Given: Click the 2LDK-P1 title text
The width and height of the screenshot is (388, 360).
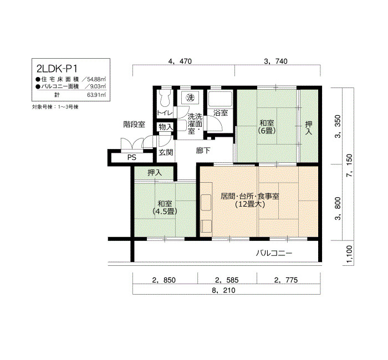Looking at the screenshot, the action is (x=57, y=68).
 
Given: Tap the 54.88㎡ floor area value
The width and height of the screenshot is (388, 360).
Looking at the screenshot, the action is (x=96, y=80).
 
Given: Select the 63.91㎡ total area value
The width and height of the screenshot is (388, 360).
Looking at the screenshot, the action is (x=96, y=95).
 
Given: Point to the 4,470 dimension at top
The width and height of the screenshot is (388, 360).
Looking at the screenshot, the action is (x=180, y=61).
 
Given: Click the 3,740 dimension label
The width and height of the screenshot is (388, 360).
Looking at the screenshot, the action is (x=275, y=61).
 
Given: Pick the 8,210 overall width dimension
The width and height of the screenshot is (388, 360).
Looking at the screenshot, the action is (x=223, y=290).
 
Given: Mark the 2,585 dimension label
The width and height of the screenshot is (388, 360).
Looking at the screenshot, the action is (x=227, y=280).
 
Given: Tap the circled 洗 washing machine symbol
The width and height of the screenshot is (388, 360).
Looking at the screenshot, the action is (x=190, y=97).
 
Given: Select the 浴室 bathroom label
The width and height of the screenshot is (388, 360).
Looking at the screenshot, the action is (x=220, y=113).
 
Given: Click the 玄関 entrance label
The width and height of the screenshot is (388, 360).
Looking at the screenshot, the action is (x=166, y=152).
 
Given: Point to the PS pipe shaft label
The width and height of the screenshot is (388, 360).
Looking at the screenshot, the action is (x=132, y=157).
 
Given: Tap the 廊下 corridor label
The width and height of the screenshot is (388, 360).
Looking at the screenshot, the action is (x=203, y=150).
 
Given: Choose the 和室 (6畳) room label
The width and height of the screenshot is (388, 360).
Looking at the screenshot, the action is (x=267, y=127).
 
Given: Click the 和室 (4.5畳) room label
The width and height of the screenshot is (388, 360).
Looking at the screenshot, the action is (x=165, y=208).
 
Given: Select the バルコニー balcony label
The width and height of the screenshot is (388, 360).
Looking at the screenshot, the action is (x=274, y=253).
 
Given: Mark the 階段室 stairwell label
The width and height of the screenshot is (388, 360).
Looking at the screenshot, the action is (x=134, y=125).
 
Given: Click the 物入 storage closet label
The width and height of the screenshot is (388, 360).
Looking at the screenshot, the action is (x=165, y=127).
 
